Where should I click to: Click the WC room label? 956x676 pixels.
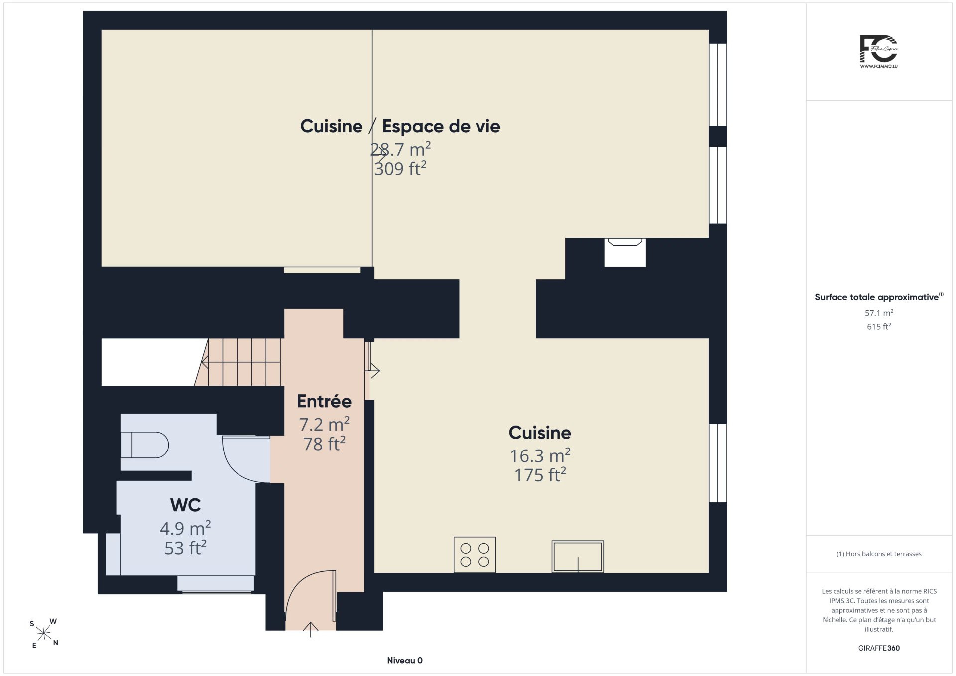click(185, 505)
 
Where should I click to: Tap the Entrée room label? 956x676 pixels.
click(324, 401)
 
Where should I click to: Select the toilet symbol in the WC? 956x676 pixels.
click(145, 445)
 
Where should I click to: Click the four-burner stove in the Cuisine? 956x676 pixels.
click(475, 555)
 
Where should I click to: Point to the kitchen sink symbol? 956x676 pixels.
click(578, 557)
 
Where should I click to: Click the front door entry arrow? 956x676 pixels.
click(311, 629)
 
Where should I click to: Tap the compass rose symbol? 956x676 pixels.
click(44, 633)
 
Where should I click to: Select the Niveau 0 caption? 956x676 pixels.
click(405, 660)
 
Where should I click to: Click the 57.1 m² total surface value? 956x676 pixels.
click(879, 313)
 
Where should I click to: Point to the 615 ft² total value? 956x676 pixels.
click(879, 326)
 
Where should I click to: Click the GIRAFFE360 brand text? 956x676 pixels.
click(879, 648)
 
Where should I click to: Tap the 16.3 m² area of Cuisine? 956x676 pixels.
click(540, 455)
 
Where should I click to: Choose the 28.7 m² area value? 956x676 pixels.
click(400, 149)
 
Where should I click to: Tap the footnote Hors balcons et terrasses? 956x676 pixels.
click(879, 554)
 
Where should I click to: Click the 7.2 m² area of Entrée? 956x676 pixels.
click(324, 424)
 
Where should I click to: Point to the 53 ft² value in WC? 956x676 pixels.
click(185, 548)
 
